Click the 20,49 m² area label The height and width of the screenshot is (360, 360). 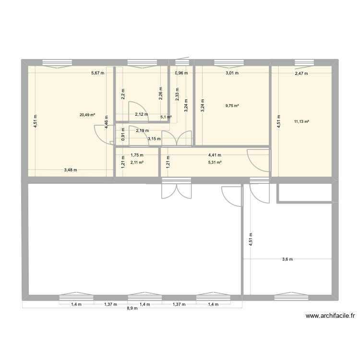point(87,115)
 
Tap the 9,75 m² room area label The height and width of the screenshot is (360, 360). point(232,107)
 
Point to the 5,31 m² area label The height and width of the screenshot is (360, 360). point(215,162)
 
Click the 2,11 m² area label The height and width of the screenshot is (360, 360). point(137,162)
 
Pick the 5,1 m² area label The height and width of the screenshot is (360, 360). point(165,117)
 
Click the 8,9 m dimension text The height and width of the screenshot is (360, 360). point(132,308)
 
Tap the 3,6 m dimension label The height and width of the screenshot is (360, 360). point(287,260)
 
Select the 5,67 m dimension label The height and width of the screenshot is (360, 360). point(97,73)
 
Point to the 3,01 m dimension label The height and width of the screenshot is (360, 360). point(232,73)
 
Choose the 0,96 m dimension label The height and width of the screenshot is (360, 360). point(181,73)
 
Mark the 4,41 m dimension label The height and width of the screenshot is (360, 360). point(215,155)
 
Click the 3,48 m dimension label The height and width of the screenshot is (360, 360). point(71,170)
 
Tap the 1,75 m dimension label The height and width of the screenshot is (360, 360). point(137,155)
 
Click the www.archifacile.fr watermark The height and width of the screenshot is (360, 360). point(332,316)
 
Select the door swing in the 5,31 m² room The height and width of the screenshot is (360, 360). point(257,161)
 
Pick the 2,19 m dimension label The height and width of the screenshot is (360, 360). point(142,131)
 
